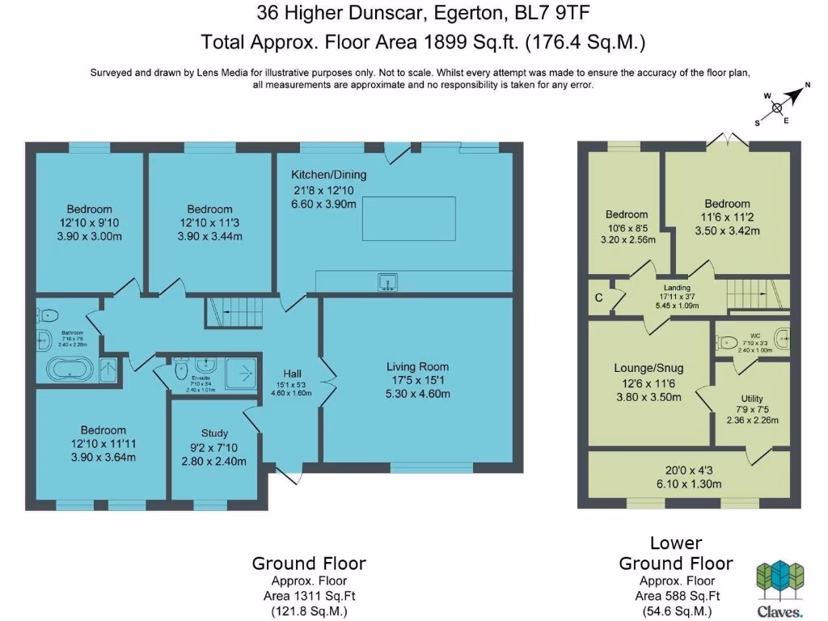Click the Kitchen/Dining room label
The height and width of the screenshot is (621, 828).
[x=329, y=175]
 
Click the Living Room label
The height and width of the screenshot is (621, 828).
[x=416, y=366]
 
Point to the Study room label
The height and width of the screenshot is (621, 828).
[x=213, y=433]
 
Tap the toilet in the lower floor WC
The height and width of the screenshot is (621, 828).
[x=727, y=340]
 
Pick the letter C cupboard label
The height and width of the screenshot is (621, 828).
[x=598, y=298]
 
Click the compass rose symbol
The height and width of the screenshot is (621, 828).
[x=777, y=108]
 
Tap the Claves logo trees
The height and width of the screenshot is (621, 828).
[x=780, y=576]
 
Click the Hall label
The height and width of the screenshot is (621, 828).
[x=292, y=374]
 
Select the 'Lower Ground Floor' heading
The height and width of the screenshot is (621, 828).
[x=676, y=553]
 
